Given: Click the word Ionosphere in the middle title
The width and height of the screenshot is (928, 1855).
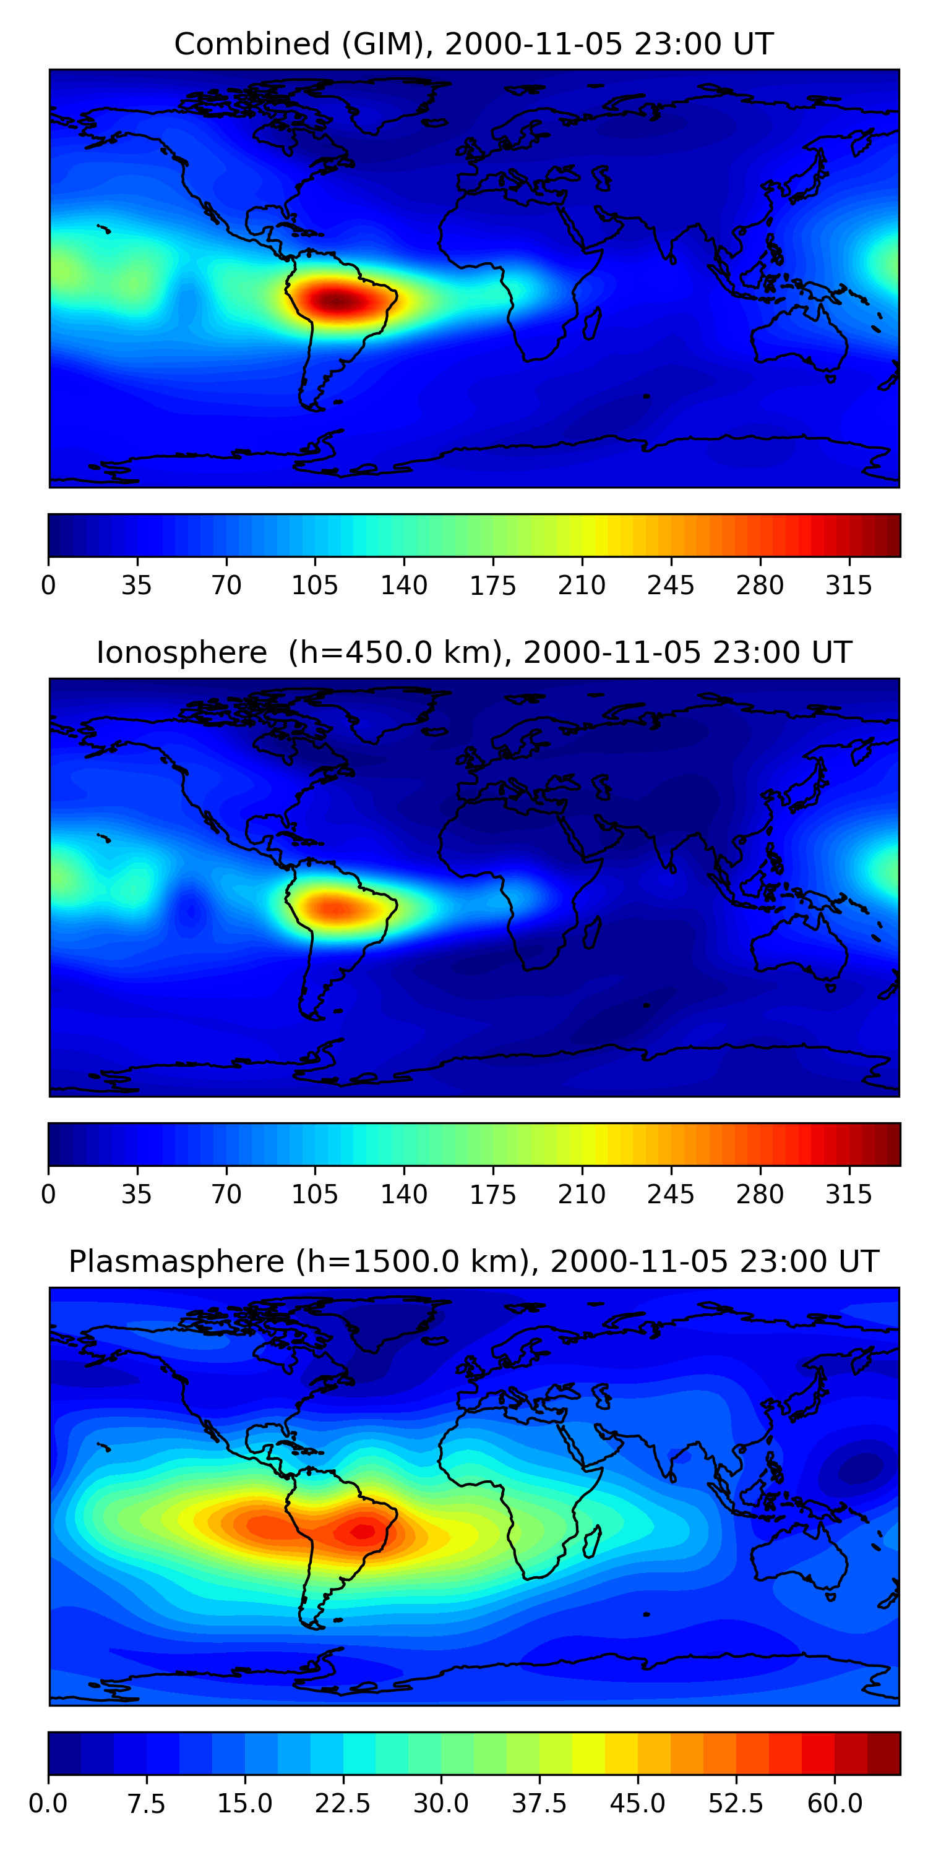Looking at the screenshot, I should [x=181, y=653].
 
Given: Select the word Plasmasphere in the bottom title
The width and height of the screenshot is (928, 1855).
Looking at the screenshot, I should [x=176, y=1261].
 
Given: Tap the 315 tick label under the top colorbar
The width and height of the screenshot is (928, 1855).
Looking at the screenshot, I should [x=849, y=586].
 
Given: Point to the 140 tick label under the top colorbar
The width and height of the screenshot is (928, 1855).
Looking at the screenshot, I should [x=403, y=586].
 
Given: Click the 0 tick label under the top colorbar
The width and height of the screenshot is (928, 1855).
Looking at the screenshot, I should [x=48, y=586].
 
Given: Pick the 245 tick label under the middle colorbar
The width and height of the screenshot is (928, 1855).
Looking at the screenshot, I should [x=671, y=1194].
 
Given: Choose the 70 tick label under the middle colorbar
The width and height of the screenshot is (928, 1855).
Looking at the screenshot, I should [x=226, y=1194].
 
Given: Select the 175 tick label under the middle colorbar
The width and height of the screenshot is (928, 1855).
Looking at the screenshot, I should [x=493, y=1194].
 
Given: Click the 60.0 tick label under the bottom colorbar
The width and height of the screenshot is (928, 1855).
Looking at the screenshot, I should [x=835, y=1804].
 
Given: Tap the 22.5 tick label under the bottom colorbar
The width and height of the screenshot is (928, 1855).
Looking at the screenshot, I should [x=343, y=1804].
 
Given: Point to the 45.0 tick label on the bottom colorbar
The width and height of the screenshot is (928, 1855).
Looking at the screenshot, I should [x=638, y=1804].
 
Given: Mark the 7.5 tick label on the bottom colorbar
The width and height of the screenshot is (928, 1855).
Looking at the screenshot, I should [x=146, y=1804].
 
